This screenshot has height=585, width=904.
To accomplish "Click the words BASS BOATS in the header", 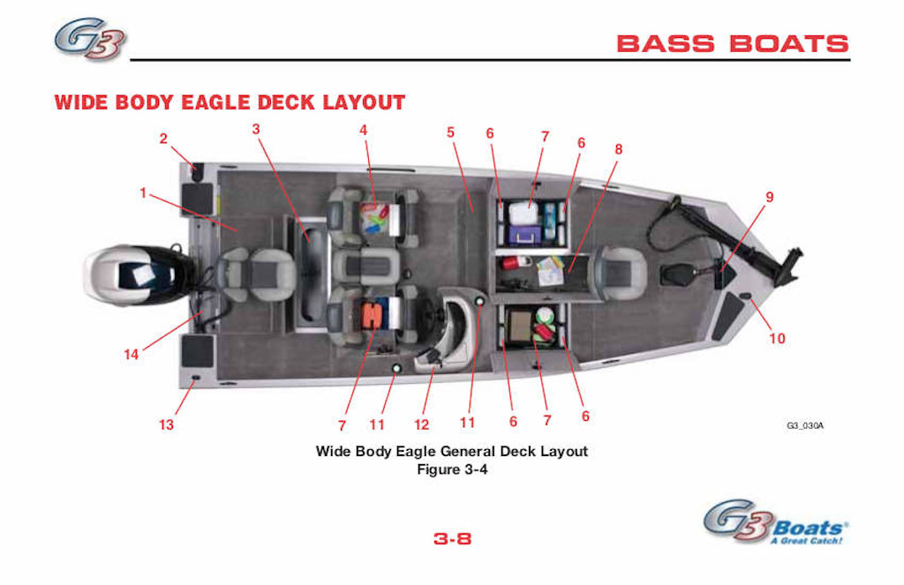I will click(733, 43).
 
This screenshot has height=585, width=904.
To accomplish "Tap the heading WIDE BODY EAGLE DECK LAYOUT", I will click(230, 102).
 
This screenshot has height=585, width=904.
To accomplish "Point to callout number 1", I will click(143, 192).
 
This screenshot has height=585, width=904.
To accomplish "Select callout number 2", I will click(163, 138).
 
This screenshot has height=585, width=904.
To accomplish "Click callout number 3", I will click(256, 129).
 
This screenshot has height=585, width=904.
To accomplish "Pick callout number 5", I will click(450, 132).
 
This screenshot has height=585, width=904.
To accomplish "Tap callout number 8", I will click(619, 149).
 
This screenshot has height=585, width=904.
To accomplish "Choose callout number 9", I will click(769, 197).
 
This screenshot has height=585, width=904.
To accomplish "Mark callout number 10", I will click(777, 338).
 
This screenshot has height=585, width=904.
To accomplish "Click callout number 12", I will click(421, 424).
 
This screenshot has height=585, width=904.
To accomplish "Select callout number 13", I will click(166, 424).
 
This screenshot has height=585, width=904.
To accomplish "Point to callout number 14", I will click(132, 354).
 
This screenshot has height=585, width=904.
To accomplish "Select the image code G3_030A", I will click(804, 426).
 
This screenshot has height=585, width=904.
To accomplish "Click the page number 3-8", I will click(452, 538).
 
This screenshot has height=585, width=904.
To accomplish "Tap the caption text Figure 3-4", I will click(452, 469).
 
